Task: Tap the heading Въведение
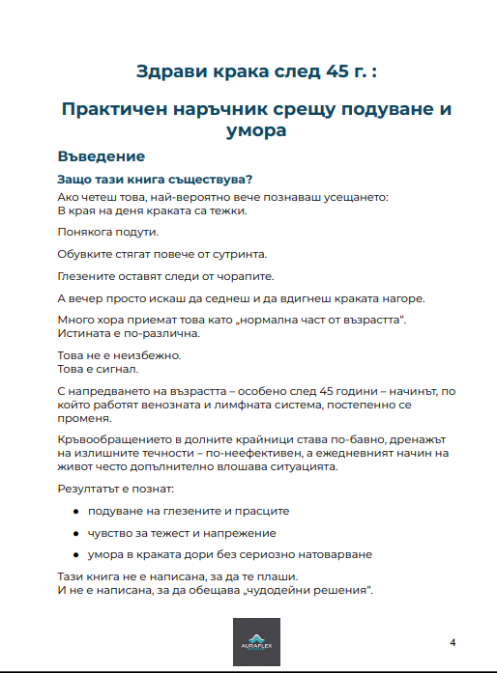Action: point(101,155)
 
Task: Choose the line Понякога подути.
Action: point(107,233)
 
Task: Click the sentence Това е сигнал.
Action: point(98,368)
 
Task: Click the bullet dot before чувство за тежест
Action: point(76,532)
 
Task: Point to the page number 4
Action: point(453,642)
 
